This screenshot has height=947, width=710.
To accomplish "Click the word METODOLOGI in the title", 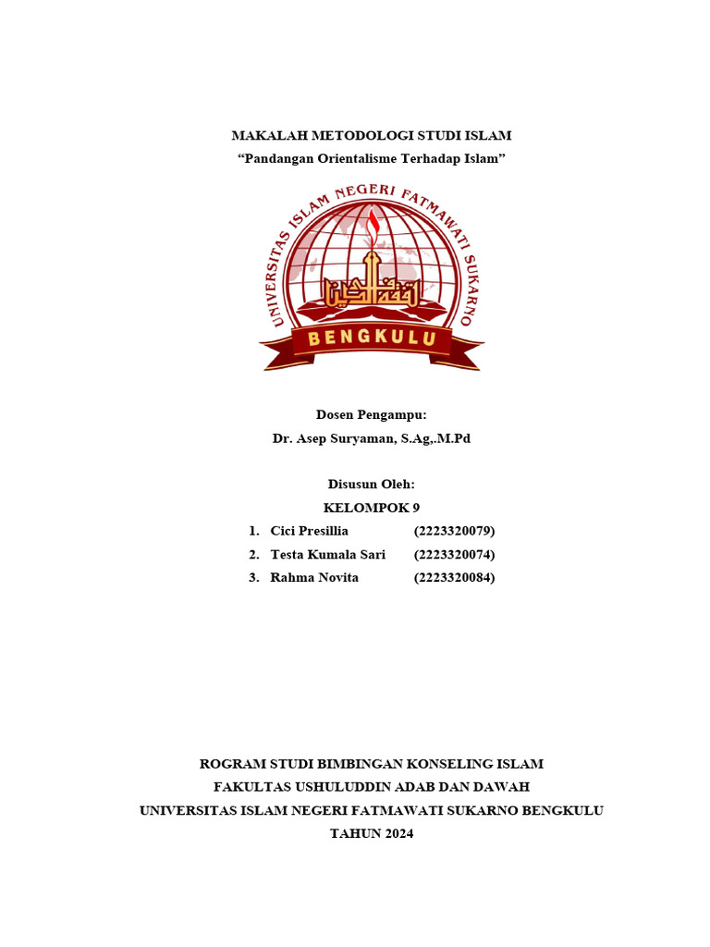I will [x=353, y=136].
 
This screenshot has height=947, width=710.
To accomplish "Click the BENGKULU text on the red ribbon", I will [x=372, y=338].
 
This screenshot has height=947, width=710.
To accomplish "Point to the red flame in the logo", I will [x=373, y=226].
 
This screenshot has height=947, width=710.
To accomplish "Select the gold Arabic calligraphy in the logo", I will [x=371, y=289].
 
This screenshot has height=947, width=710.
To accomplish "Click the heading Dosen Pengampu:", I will [x=372, y=415].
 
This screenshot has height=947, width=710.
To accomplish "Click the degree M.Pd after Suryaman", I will [x=453, y=438].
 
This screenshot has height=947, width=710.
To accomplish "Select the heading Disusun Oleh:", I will [x=372, y=484].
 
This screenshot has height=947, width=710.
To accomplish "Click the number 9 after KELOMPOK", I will [x=416, y=507].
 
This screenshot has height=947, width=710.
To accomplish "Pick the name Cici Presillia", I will [x=310, y=531].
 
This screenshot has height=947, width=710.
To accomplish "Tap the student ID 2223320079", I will [x=455, y=531].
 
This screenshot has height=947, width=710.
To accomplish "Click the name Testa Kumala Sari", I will [x=328, y=555].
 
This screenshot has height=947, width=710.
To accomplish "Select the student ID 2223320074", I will [x=455, y=555].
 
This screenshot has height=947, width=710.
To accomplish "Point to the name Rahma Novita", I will [x=314, y=578].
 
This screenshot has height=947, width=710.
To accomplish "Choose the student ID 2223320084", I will [x=455, y=578].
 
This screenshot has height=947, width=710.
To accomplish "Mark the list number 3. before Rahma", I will [x=254, y=578].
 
